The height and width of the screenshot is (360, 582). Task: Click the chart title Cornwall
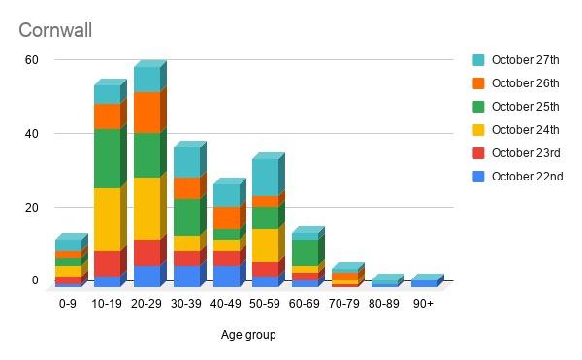point(55,30)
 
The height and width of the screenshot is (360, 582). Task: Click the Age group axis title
point(247,335)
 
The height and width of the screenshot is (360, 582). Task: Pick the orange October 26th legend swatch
point(478,83)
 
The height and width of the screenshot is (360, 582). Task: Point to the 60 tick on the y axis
point(32,60)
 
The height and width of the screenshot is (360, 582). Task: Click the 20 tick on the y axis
point(32,208)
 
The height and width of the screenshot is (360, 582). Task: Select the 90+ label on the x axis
point(423,303)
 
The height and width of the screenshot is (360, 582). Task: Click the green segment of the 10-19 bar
point(107,158)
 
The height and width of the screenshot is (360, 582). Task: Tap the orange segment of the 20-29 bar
point(146,113)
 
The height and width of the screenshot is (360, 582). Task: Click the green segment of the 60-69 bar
point(305,252)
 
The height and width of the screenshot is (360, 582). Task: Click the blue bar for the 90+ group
point(424,284)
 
